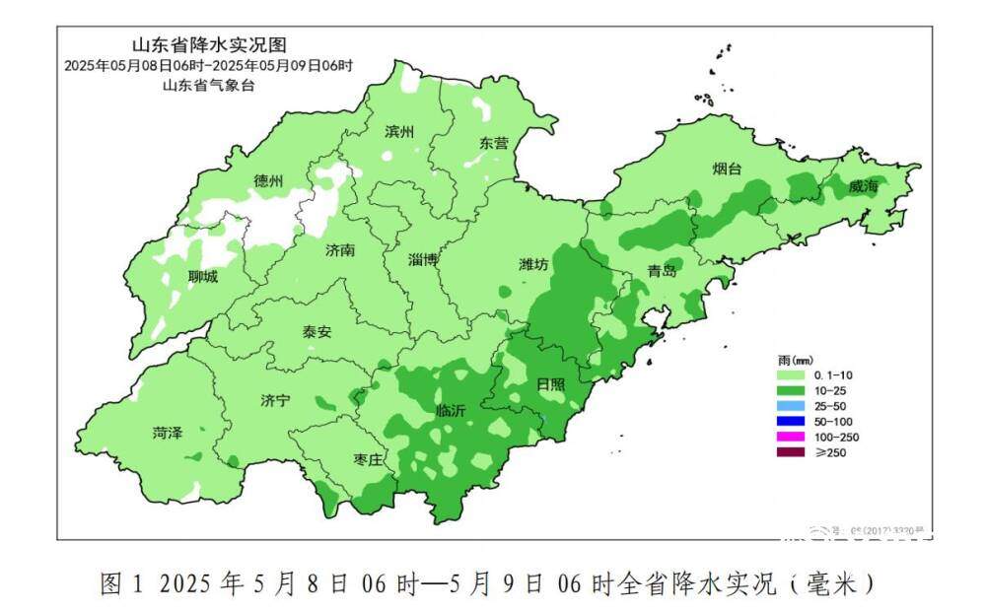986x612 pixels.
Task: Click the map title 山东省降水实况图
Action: click(209, 45)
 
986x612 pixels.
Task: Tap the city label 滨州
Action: click(399, 133)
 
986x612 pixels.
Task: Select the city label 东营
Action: click(494, 143)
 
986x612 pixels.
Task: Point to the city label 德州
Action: click(268, 181)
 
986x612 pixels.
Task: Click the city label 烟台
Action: click(727, 170)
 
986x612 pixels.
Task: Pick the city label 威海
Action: click(863, 186)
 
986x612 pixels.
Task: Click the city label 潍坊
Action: click(533, 264)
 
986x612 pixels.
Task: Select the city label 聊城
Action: click(203, 277)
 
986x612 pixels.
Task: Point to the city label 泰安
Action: click(317, 332)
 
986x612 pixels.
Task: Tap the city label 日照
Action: click(550, 384)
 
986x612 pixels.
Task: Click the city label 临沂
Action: click(450, 412)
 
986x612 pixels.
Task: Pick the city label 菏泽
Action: click(168, 433)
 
